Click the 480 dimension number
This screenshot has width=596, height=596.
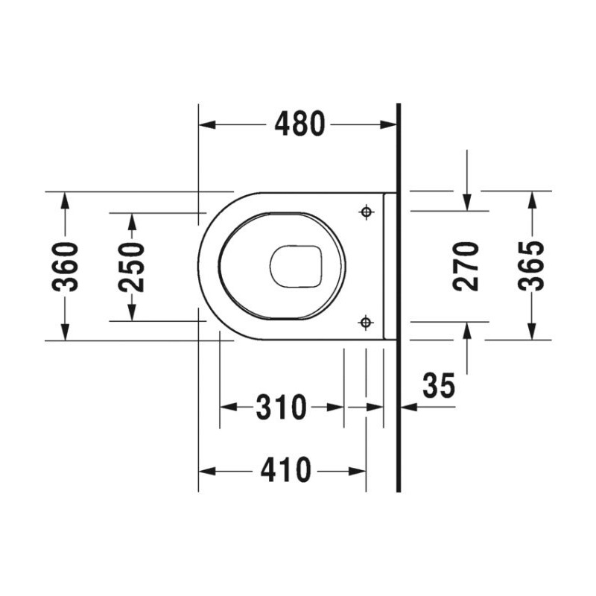point(300,124)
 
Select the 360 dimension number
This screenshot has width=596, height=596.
point(66,267)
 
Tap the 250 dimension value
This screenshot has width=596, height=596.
point(132,267)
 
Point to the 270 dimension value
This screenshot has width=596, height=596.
point(466,267)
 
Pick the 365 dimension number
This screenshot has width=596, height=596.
point(532,266)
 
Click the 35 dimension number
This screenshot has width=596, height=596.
point(439,385)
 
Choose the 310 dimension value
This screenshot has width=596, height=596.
point(281,407)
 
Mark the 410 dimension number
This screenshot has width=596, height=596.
point(286,470)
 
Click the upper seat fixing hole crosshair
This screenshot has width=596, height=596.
point(366,212)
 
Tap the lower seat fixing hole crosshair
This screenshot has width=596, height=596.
point(366,323)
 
